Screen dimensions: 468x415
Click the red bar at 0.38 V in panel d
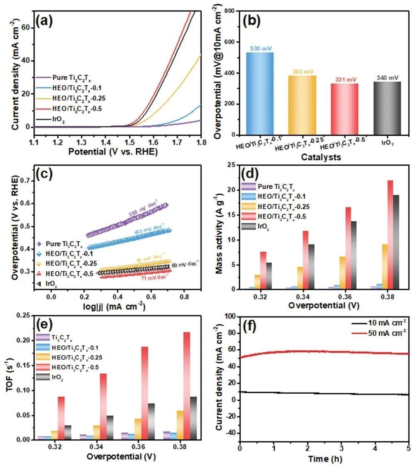click(x=389, y=234)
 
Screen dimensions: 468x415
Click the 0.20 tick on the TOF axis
click(x=21, y=341)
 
